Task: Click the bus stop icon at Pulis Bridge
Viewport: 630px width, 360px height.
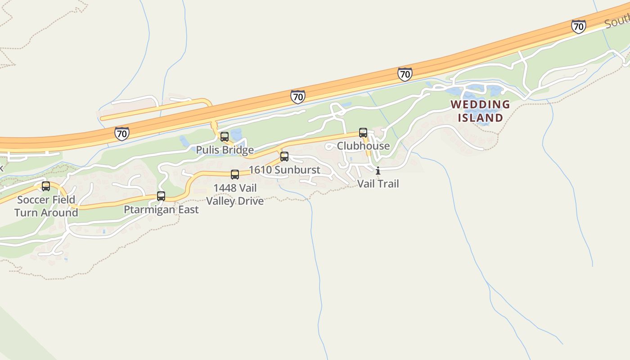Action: coord(225,137)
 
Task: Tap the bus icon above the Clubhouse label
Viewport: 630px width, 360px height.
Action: coord(363,133)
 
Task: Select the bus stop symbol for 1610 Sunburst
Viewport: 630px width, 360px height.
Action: coord(284,157)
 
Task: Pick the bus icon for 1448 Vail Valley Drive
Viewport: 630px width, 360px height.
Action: coord(235,175)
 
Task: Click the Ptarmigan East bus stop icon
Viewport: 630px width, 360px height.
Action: coord(161,196)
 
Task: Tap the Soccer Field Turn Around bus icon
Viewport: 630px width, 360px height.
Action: coord(46,186)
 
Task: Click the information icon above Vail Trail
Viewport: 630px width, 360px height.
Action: coord(378,171)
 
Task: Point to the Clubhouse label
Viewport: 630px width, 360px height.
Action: coord(363,146)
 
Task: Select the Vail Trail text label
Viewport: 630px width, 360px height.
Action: coord(378,184)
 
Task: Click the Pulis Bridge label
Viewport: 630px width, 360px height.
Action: coord(225,150)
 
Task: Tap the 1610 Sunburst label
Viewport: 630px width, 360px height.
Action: coord(284,170)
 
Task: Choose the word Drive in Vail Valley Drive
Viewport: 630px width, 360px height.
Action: coord(252,201)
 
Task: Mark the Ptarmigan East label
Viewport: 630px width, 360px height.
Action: coord(161,210)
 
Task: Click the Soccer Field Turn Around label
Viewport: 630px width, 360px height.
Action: coord(46,206)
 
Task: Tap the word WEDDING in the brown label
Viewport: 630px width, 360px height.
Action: coord(480,105)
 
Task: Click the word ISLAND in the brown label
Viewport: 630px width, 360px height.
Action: coord(480,118)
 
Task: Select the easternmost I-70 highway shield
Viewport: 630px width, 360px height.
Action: coord(579,27)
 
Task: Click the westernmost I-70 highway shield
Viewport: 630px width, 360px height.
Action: coord(121,134)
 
